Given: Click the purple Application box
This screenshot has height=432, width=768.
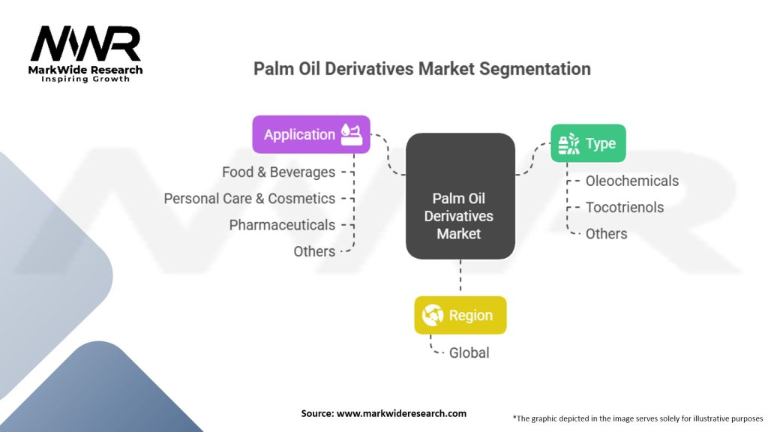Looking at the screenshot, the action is [x=311, y=134].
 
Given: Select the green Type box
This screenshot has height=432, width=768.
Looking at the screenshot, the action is [x=588, y=143].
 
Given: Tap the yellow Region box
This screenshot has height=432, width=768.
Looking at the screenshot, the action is [x=460, y=315].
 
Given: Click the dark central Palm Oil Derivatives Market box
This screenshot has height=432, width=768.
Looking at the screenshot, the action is [x=460, y=196].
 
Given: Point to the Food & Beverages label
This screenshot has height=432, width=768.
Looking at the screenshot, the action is [x=279, y=172].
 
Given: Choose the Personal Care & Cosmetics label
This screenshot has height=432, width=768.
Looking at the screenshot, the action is [x=249, y=198].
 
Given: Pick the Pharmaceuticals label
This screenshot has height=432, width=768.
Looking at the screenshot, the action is [x=282, y=225].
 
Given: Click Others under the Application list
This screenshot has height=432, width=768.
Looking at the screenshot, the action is [x=314, y=251].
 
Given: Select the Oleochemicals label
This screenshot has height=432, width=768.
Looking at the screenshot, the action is [x=632, y=181].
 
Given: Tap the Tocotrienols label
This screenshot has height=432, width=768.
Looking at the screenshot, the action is [x=625, y=207].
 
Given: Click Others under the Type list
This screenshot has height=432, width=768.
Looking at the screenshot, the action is [x=606, y=234].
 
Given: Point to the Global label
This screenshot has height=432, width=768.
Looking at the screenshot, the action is [x=469, y=352].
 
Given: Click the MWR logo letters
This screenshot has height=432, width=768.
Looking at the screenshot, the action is [x=85, y=43].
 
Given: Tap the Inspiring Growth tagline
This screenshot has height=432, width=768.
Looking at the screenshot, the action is [x=85, y=79].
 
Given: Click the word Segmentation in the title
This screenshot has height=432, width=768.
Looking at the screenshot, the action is [x=535, y=68].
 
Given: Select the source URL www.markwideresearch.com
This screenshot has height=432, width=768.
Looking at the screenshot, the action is [x=402, y=413].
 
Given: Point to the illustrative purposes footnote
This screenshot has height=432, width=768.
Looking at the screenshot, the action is [x=637, y=418].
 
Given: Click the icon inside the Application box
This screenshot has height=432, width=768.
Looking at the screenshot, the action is [x=352, y=134].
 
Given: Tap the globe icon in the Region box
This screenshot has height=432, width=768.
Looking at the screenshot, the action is [x=433, y=315].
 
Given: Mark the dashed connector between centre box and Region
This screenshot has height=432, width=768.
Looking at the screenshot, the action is [x=460, y=277].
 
